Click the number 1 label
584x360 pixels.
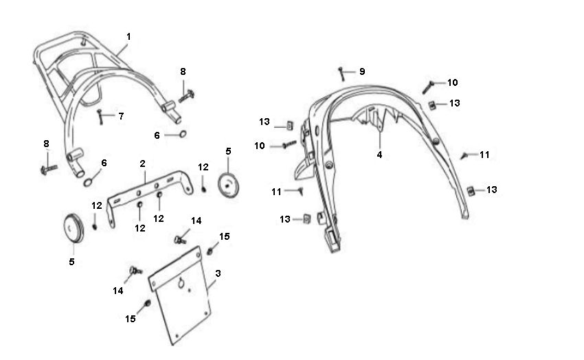[x=128, y=36]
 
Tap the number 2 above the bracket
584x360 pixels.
[x=143, y=164]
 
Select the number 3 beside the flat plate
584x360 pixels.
[x=218, y=273]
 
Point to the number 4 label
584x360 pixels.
[x=379, y=155]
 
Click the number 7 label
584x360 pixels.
[x=121, y=116]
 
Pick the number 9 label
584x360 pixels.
[x=362, y=71]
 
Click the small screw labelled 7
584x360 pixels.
[x=101, y=117]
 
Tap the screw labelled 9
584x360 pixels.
[x=341, y=72]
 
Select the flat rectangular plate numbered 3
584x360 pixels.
[x=179, y=295]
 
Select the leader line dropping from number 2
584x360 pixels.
[x=144, y=175]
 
